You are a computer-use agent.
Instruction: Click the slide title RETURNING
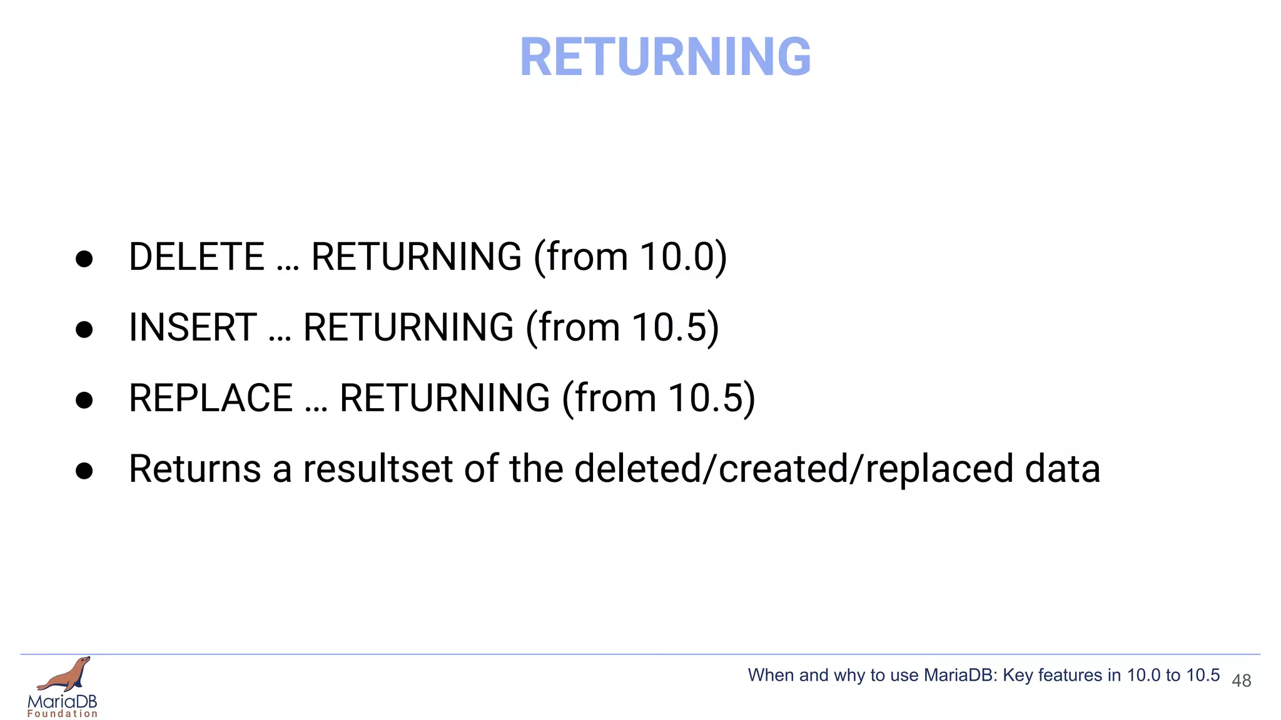click(x=665, y=57)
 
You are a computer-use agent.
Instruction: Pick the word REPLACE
click(x=211, y=398)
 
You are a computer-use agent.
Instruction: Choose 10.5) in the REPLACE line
click(x=711, y=398)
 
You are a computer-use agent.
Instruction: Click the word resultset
click(x=377, y=469)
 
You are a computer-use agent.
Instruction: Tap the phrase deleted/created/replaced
click(x=793, y=469)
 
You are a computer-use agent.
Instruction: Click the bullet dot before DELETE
click(x=84, y=259)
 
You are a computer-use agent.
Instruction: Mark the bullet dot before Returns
click(x=84, y=471)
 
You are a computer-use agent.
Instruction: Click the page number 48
click(x=1241, y=681)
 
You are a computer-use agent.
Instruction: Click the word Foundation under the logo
click(x=63, y=714)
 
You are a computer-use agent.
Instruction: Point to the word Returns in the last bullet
click(x=195, y=469)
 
